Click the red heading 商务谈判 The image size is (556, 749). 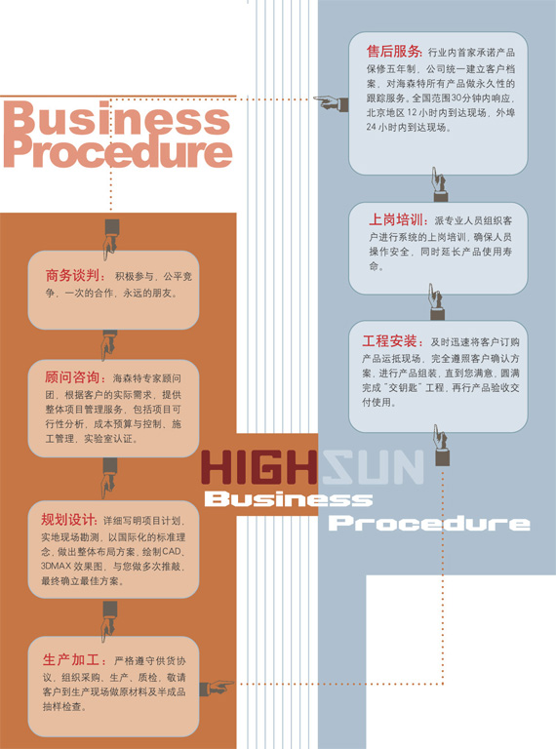point(71,276)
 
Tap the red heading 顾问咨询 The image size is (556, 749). point(72,377)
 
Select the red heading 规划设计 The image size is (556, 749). point(69,520)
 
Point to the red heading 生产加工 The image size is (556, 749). point(71,659)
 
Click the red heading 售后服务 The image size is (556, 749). point(394,51)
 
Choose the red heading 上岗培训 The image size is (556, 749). point(397,219)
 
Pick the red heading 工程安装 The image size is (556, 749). point(389,341)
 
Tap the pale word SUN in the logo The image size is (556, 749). point(373,467)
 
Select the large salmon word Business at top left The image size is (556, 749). point(118,117)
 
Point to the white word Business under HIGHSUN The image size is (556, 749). point(289,499)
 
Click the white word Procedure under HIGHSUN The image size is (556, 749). point(429,523)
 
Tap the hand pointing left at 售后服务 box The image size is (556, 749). point(331,103)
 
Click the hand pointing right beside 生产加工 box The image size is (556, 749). point(217,687)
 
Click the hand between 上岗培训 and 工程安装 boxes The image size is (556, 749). point(436,302)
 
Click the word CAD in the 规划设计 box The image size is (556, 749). point(172,551)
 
